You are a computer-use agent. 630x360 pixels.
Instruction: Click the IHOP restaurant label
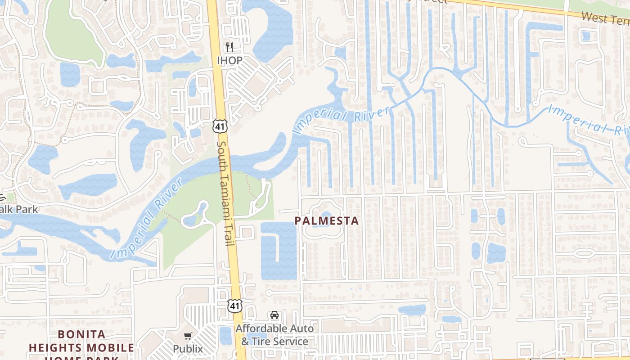(229, 60)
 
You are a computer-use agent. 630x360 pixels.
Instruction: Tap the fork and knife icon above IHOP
(229, 47)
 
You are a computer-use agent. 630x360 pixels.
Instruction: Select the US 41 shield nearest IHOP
(220, 126)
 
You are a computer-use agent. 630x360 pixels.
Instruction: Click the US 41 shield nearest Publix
(234, 306)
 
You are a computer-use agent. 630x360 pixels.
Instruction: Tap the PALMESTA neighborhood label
(327, 221)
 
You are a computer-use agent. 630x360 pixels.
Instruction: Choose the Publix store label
(188, 349)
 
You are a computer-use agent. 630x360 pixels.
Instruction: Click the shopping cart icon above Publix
(188, 336)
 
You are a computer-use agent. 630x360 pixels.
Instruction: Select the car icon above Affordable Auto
(274, 315)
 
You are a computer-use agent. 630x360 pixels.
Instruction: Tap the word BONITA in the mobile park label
(82, 335)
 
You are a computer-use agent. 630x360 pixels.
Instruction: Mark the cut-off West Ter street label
(605, 18)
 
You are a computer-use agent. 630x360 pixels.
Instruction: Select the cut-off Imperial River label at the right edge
(589, 121)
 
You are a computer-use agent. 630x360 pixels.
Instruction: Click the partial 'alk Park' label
(19, 209)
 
